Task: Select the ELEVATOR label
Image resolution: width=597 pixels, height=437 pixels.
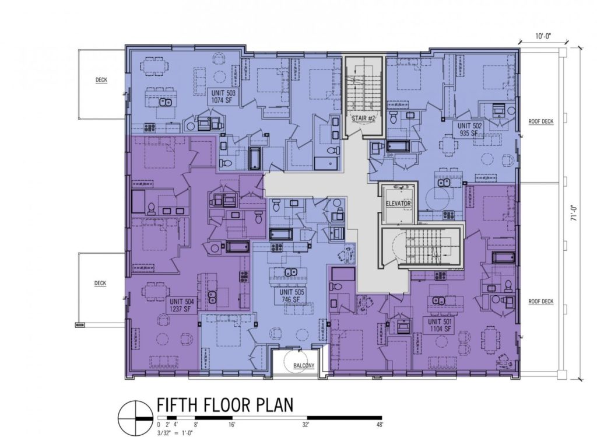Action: (x=398, y=204)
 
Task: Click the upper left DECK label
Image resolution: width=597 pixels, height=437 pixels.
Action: (x=101, y=80)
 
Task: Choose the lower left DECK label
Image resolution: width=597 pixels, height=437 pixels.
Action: (x=100, y=284)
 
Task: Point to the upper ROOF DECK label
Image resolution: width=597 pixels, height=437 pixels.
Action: (x=540, y=121)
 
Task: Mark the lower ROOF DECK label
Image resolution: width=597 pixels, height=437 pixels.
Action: (x=540, y=302)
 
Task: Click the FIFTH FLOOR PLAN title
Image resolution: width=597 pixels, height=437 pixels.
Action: (x=224, y=405)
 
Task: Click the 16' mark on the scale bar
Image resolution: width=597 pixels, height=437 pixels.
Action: (x=232, y=425)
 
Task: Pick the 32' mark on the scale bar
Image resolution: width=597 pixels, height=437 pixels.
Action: (x=305, y=425)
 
